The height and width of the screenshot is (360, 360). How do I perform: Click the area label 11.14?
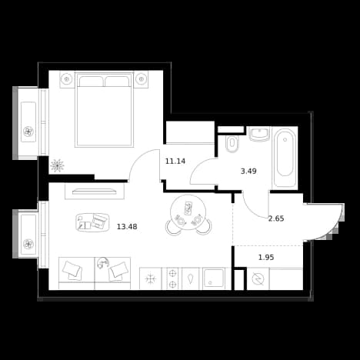coord(175,162)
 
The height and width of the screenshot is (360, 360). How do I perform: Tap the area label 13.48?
coord(127,227)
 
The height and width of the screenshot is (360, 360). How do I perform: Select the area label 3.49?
coord(248,171)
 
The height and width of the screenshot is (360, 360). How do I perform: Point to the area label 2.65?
coord(276,218)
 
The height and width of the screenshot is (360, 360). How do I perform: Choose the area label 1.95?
coord(266,257)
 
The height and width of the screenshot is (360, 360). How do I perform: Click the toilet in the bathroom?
coord(232,143)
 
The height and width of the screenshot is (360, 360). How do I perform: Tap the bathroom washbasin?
coord(259,134)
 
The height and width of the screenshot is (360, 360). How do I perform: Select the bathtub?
coord(285,158)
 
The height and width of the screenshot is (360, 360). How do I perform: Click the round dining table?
coord(188,212)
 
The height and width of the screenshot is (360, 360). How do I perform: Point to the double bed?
coord(104,109)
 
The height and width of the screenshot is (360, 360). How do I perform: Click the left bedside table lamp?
coord(67,79)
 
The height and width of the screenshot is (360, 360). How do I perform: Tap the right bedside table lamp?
coord(141,79)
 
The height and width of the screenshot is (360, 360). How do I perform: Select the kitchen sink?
coord(214,278)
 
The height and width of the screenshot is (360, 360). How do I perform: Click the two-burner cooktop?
coord(172,278)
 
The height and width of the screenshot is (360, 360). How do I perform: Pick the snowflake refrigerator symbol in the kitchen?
coord(151,278)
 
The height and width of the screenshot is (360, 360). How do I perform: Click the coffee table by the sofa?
coord(92,222)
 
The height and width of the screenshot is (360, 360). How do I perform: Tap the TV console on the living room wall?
coord(95,192)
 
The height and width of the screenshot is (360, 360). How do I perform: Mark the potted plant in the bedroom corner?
coord(57,165)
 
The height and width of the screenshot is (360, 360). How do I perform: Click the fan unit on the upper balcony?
coord(28,132)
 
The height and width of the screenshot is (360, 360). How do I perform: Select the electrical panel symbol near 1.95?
coord(258,278)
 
